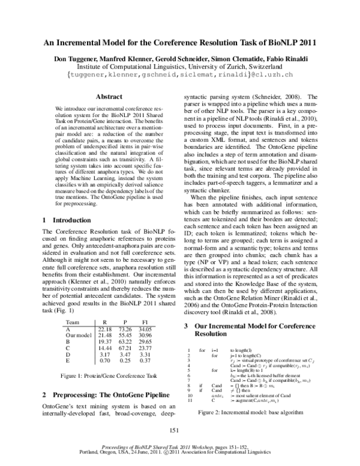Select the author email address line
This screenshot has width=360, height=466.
(180, 76)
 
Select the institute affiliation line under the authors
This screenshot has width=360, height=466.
(180, 67)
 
